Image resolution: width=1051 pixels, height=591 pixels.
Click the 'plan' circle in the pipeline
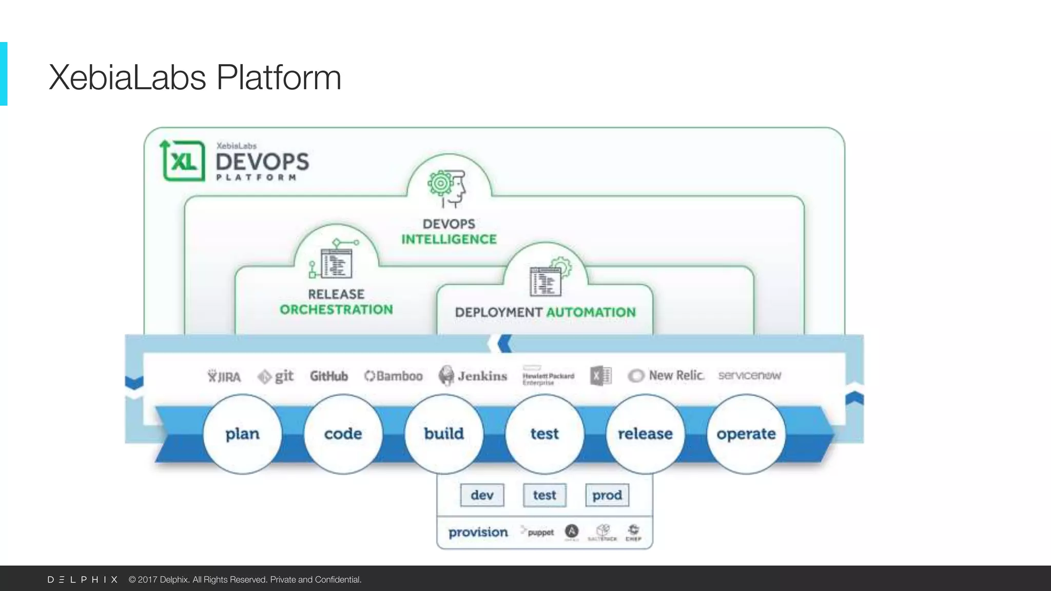242,434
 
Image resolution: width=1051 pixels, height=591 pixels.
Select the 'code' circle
343,434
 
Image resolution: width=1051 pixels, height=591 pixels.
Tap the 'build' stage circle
444,434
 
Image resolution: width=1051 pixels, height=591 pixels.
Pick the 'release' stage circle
645,434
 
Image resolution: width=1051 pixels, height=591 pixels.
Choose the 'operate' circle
746,434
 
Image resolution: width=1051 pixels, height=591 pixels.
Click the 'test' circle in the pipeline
544,434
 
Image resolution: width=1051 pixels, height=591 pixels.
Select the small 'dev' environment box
482,495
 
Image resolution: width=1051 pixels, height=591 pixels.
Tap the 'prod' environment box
607,495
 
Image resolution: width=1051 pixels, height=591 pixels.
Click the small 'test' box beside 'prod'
544,495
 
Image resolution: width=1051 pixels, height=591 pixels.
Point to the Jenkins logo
473,376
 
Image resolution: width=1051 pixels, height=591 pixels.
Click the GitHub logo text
328,376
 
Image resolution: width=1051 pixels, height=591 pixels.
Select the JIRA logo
224,377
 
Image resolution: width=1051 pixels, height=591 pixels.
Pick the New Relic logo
666,376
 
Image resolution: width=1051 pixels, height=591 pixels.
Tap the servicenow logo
749,376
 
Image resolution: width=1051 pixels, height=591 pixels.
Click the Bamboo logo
394,376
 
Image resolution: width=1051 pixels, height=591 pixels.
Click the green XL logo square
183,161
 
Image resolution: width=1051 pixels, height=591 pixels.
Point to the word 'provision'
478,533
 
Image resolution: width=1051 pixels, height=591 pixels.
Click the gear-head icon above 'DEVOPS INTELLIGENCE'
447,188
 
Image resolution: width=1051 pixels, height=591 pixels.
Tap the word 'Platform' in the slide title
279,78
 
